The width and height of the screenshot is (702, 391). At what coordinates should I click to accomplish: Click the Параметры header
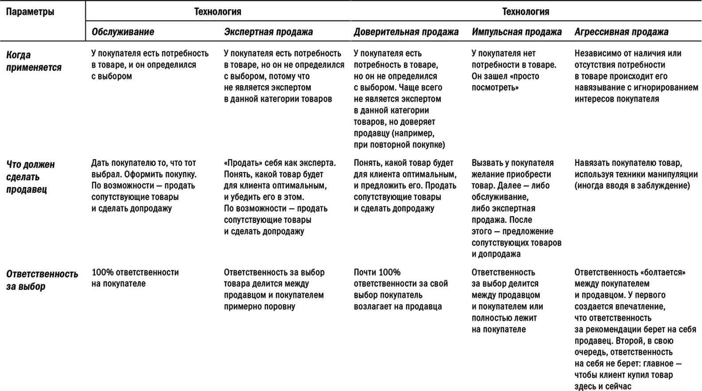[x=30, y=12]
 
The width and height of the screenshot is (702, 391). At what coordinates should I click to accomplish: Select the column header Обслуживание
[x=123, y=32]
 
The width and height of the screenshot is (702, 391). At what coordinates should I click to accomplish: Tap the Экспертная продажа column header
[x=268, y=32]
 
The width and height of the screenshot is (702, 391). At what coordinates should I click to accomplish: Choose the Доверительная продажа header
[x=406, y=32]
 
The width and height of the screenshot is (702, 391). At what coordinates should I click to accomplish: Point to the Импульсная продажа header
[x=516, y=32]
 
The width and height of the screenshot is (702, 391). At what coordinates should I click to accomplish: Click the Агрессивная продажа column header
[x=621, y=32]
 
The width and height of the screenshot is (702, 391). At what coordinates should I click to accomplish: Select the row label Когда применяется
[x=34, y=61]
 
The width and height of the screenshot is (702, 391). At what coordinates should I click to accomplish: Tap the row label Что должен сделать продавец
[x=30, y=177]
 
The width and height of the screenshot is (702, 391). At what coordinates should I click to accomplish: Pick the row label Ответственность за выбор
[x=42, y=280]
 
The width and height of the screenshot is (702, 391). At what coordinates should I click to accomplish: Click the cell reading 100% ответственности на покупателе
[x=135, y=278]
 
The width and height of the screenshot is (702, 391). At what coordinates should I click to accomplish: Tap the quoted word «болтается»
[x=663, y=272]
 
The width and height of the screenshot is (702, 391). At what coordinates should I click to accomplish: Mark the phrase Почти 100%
[x=377, y=272]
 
